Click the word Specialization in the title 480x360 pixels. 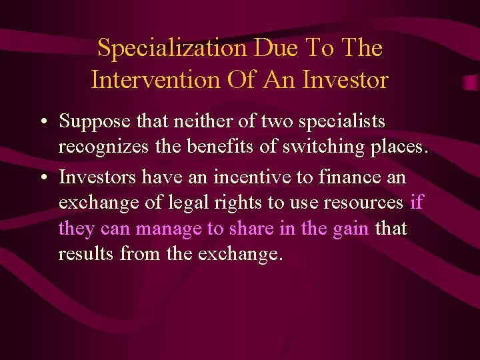tap(171, 48)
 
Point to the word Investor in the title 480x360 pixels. tap(345, 80)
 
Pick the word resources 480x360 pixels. tap(363, 203)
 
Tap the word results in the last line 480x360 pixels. tap(83, 254)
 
